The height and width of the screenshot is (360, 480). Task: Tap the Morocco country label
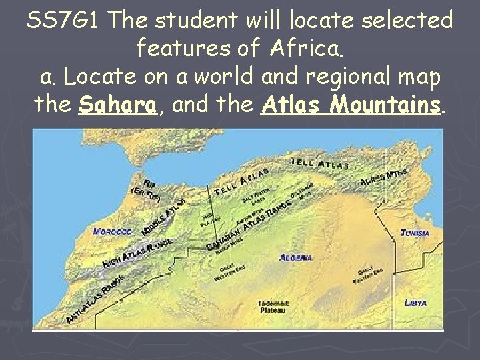pos(112,232)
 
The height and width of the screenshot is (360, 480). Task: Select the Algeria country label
pos(296,257)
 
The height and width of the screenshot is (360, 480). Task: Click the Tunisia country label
pos(415,233)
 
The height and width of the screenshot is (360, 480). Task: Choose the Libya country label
pos(415,303)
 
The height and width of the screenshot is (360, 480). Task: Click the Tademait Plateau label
pos(271,306)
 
